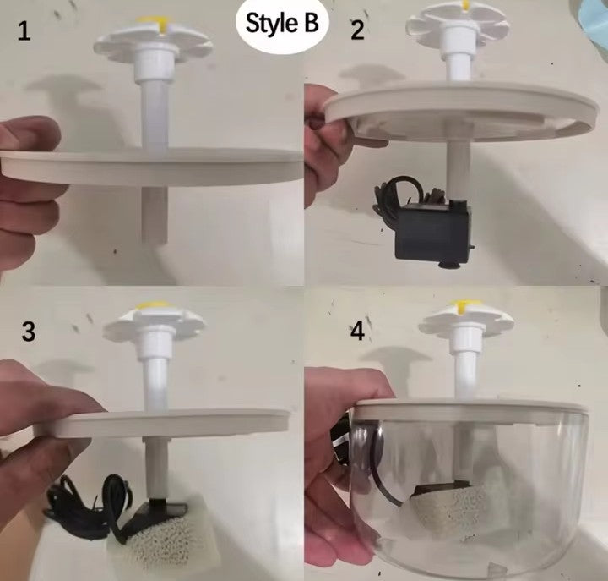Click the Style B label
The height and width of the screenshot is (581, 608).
coord(282,24)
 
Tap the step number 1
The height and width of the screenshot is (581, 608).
coord(24,31)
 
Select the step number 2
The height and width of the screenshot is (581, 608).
coord(357,30)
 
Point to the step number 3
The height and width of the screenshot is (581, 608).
coord(29,332)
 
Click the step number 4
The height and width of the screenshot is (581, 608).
coord(357,332)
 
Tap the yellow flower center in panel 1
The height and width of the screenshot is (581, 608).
coord(158,24)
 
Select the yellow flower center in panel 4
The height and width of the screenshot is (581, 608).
coord(463,305)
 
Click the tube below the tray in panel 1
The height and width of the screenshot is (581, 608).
coord(154,215)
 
